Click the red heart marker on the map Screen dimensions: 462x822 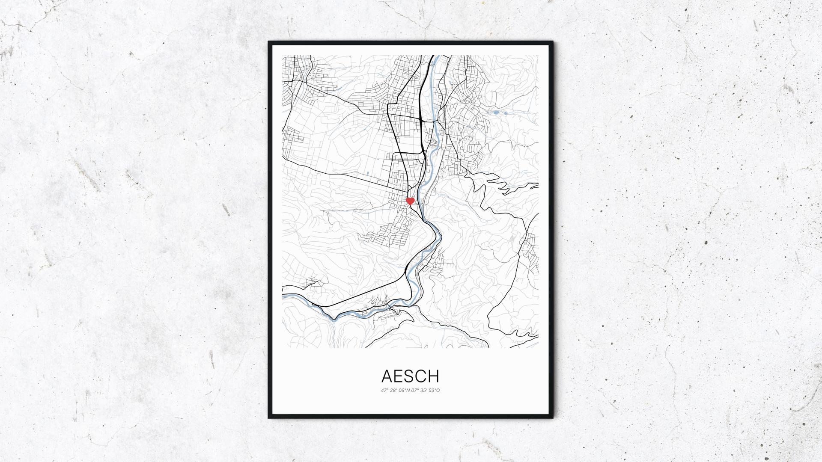410,200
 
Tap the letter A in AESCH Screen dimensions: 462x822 386,376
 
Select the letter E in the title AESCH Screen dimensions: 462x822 398,376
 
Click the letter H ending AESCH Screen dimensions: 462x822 433,376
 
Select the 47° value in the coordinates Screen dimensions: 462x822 384,390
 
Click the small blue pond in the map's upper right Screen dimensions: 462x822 496,113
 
